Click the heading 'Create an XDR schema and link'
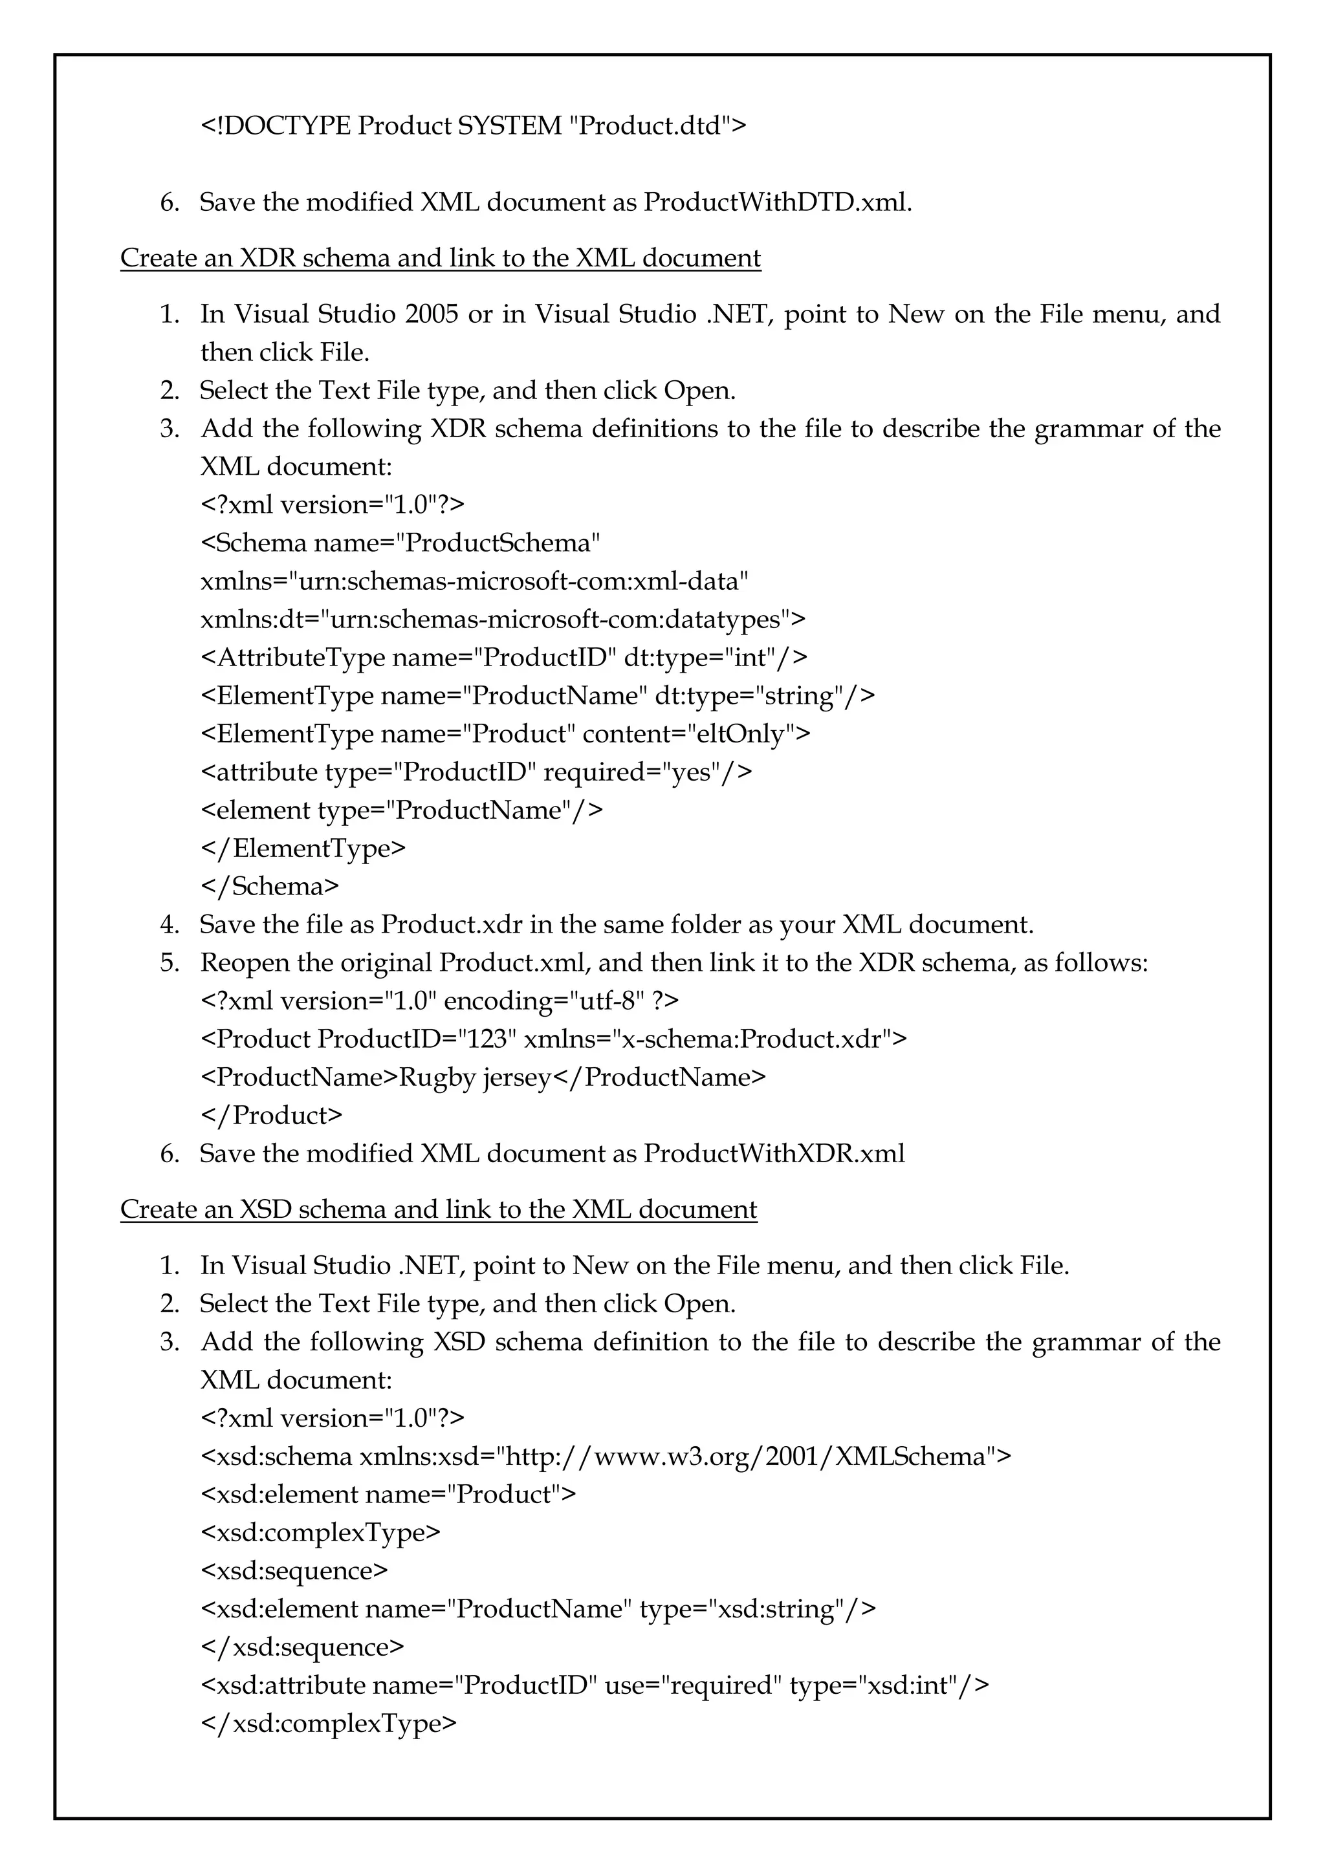point(440,259)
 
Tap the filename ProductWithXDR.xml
point(774,1154)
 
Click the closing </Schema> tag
point(270,887)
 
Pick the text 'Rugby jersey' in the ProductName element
point(475,1077)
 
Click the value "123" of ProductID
point(488,1039)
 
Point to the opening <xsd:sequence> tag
point(294,1571)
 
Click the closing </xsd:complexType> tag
point(329,1724)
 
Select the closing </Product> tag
point(272,1116)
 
